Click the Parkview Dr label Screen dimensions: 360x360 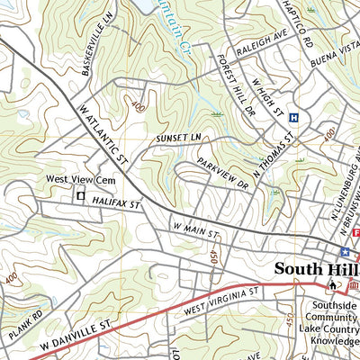(222, 170)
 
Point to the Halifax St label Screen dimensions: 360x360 (118, 205)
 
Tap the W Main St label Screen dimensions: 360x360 (196, 232)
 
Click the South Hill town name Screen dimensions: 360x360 (316, 269)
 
